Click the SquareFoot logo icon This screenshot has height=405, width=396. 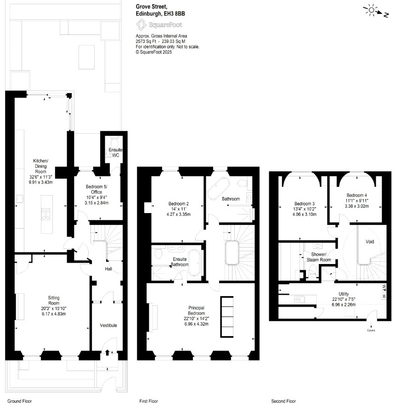point(141,25)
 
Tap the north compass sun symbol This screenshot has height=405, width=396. point(372,10)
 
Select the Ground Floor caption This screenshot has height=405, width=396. point(19,401)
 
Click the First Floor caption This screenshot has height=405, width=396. point(149,401)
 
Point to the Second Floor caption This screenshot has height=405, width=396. point(283,401)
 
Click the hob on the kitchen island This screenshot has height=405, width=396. point(45,214)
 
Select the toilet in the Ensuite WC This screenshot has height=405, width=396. point(114,142)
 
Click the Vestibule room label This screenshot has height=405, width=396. point(108,326)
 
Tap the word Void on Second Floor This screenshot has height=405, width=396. point(370,242)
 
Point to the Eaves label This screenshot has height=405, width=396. point(371,330)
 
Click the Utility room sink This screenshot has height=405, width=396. point(300,299)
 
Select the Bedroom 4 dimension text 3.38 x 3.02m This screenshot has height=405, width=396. point(356,206)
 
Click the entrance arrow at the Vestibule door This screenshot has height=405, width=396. point(107,352)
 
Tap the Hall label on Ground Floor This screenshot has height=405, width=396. point(108,269)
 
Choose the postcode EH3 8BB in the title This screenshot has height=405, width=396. point(175,14)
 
